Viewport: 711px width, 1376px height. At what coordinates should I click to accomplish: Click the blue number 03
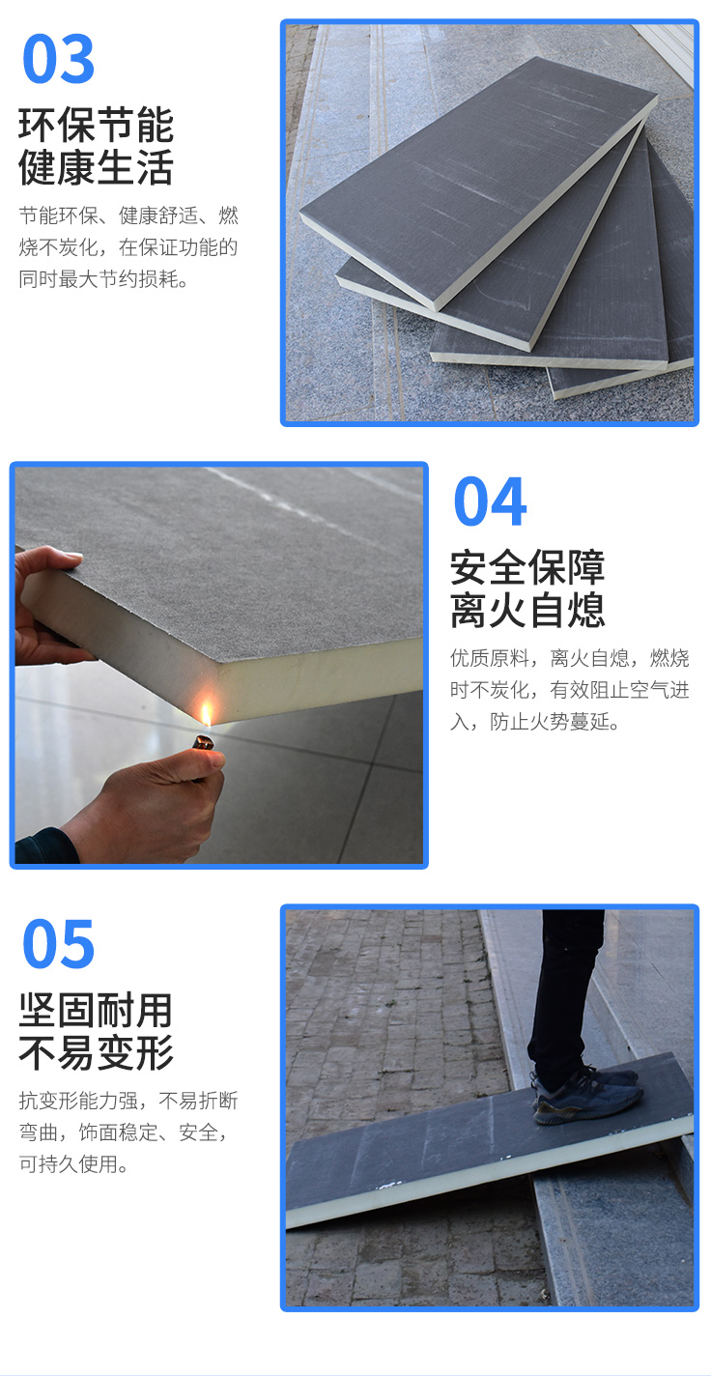point(58,59)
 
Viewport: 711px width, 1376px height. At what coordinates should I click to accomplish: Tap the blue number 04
point(490,502)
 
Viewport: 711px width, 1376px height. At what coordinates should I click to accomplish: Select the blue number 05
point(58,943)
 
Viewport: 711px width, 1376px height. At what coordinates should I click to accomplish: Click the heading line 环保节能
point(97,125)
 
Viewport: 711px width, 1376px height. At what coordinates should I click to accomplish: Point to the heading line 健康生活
point(97,167)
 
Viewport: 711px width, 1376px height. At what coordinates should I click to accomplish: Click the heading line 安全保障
point(528,567)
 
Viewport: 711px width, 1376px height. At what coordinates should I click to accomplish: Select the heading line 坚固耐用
point(97,1010)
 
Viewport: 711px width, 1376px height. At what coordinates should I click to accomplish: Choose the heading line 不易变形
point(97,1052)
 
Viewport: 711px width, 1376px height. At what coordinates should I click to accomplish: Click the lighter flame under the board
point(207,715)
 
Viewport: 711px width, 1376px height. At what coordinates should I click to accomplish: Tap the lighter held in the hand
point(204,744)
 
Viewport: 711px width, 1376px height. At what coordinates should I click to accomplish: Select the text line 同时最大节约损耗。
point(103,279)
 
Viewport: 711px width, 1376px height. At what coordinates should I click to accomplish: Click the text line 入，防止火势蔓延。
point(535,722)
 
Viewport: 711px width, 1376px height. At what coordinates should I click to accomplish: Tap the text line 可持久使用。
point(73,1164)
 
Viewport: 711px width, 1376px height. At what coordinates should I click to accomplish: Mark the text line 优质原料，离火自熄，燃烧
point(570,658)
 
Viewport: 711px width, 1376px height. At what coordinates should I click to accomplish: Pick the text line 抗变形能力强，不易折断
point(128,1101)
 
